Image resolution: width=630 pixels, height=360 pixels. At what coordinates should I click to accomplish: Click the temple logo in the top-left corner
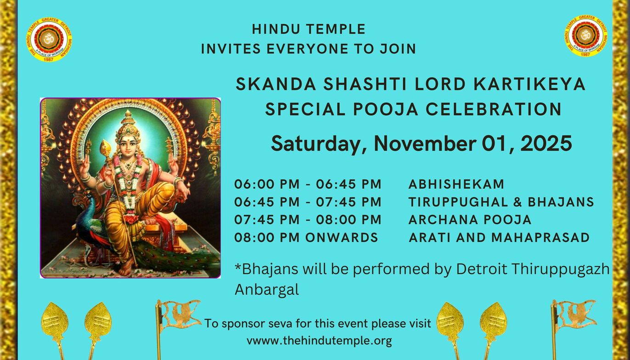tap(49, 39)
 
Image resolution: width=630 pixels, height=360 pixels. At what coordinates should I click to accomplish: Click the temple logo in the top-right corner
tap(585, 36)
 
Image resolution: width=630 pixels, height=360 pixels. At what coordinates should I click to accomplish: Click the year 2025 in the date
tap(546, 143)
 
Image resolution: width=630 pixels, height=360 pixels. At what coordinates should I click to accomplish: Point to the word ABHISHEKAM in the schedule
tap(456, 184)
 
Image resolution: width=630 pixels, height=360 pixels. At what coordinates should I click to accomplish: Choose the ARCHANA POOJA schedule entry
tap(470, 219)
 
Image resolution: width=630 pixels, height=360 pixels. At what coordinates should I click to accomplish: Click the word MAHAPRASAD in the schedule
tap(540, 237)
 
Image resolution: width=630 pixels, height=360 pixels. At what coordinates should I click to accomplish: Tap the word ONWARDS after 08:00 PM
tap(342, 237)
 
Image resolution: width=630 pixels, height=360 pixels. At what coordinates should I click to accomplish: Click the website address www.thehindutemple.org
tap(319, 341)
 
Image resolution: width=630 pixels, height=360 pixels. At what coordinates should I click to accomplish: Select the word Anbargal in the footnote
tap(267, 289)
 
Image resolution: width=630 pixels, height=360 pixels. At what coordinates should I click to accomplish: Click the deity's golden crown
tap(128, 125)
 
